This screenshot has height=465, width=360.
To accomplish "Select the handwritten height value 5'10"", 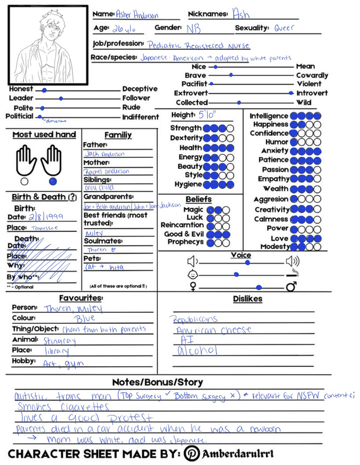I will pos(207,115).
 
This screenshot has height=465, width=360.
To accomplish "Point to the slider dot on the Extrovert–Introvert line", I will pos(291,93).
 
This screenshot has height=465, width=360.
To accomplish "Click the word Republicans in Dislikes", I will pos(195,319).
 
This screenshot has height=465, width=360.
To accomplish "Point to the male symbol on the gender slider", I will pos(291,287).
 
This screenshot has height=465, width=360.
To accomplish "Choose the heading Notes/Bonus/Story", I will pos(157,382).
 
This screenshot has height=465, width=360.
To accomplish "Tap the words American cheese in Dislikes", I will pos(214,330).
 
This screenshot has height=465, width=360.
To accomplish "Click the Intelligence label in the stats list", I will pos(269,116).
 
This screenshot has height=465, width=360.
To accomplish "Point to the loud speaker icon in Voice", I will pos(293,261).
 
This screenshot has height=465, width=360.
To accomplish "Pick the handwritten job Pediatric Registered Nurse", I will pos(199,45).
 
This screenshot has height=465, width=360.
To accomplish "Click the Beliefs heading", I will pos(199,200).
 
